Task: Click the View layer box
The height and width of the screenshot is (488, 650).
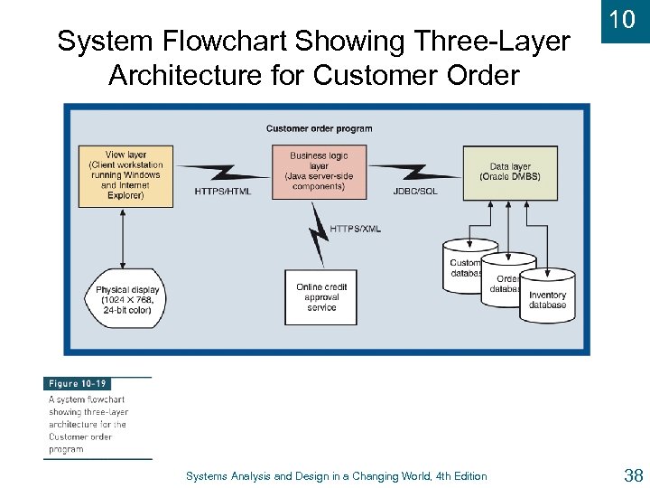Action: pyautogui.click(x=126, y=174)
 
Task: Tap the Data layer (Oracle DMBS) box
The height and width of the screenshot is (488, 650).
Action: pyautogui.click(x=509, y=173)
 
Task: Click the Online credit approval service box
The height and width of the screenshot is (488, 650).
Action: pyautogui.click(x=320, y=297)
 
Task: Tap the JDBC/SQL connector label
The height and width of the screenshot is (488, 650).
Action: pyautogui.click(x=415, y=192)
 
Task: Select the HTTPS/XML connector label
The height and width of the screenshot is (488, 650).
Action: pyautogui.click(x=355, y=229)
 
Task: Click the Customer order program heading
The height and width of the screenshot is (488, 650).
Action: pyautogui.click(x=319, y=128)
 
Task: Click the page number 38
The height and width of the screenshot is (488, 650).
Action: pyautogui.click(x=632, y=475)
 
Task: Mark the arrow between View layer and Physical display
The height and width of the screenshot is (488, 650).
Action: pyautogui.click(x=122, y=237)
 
